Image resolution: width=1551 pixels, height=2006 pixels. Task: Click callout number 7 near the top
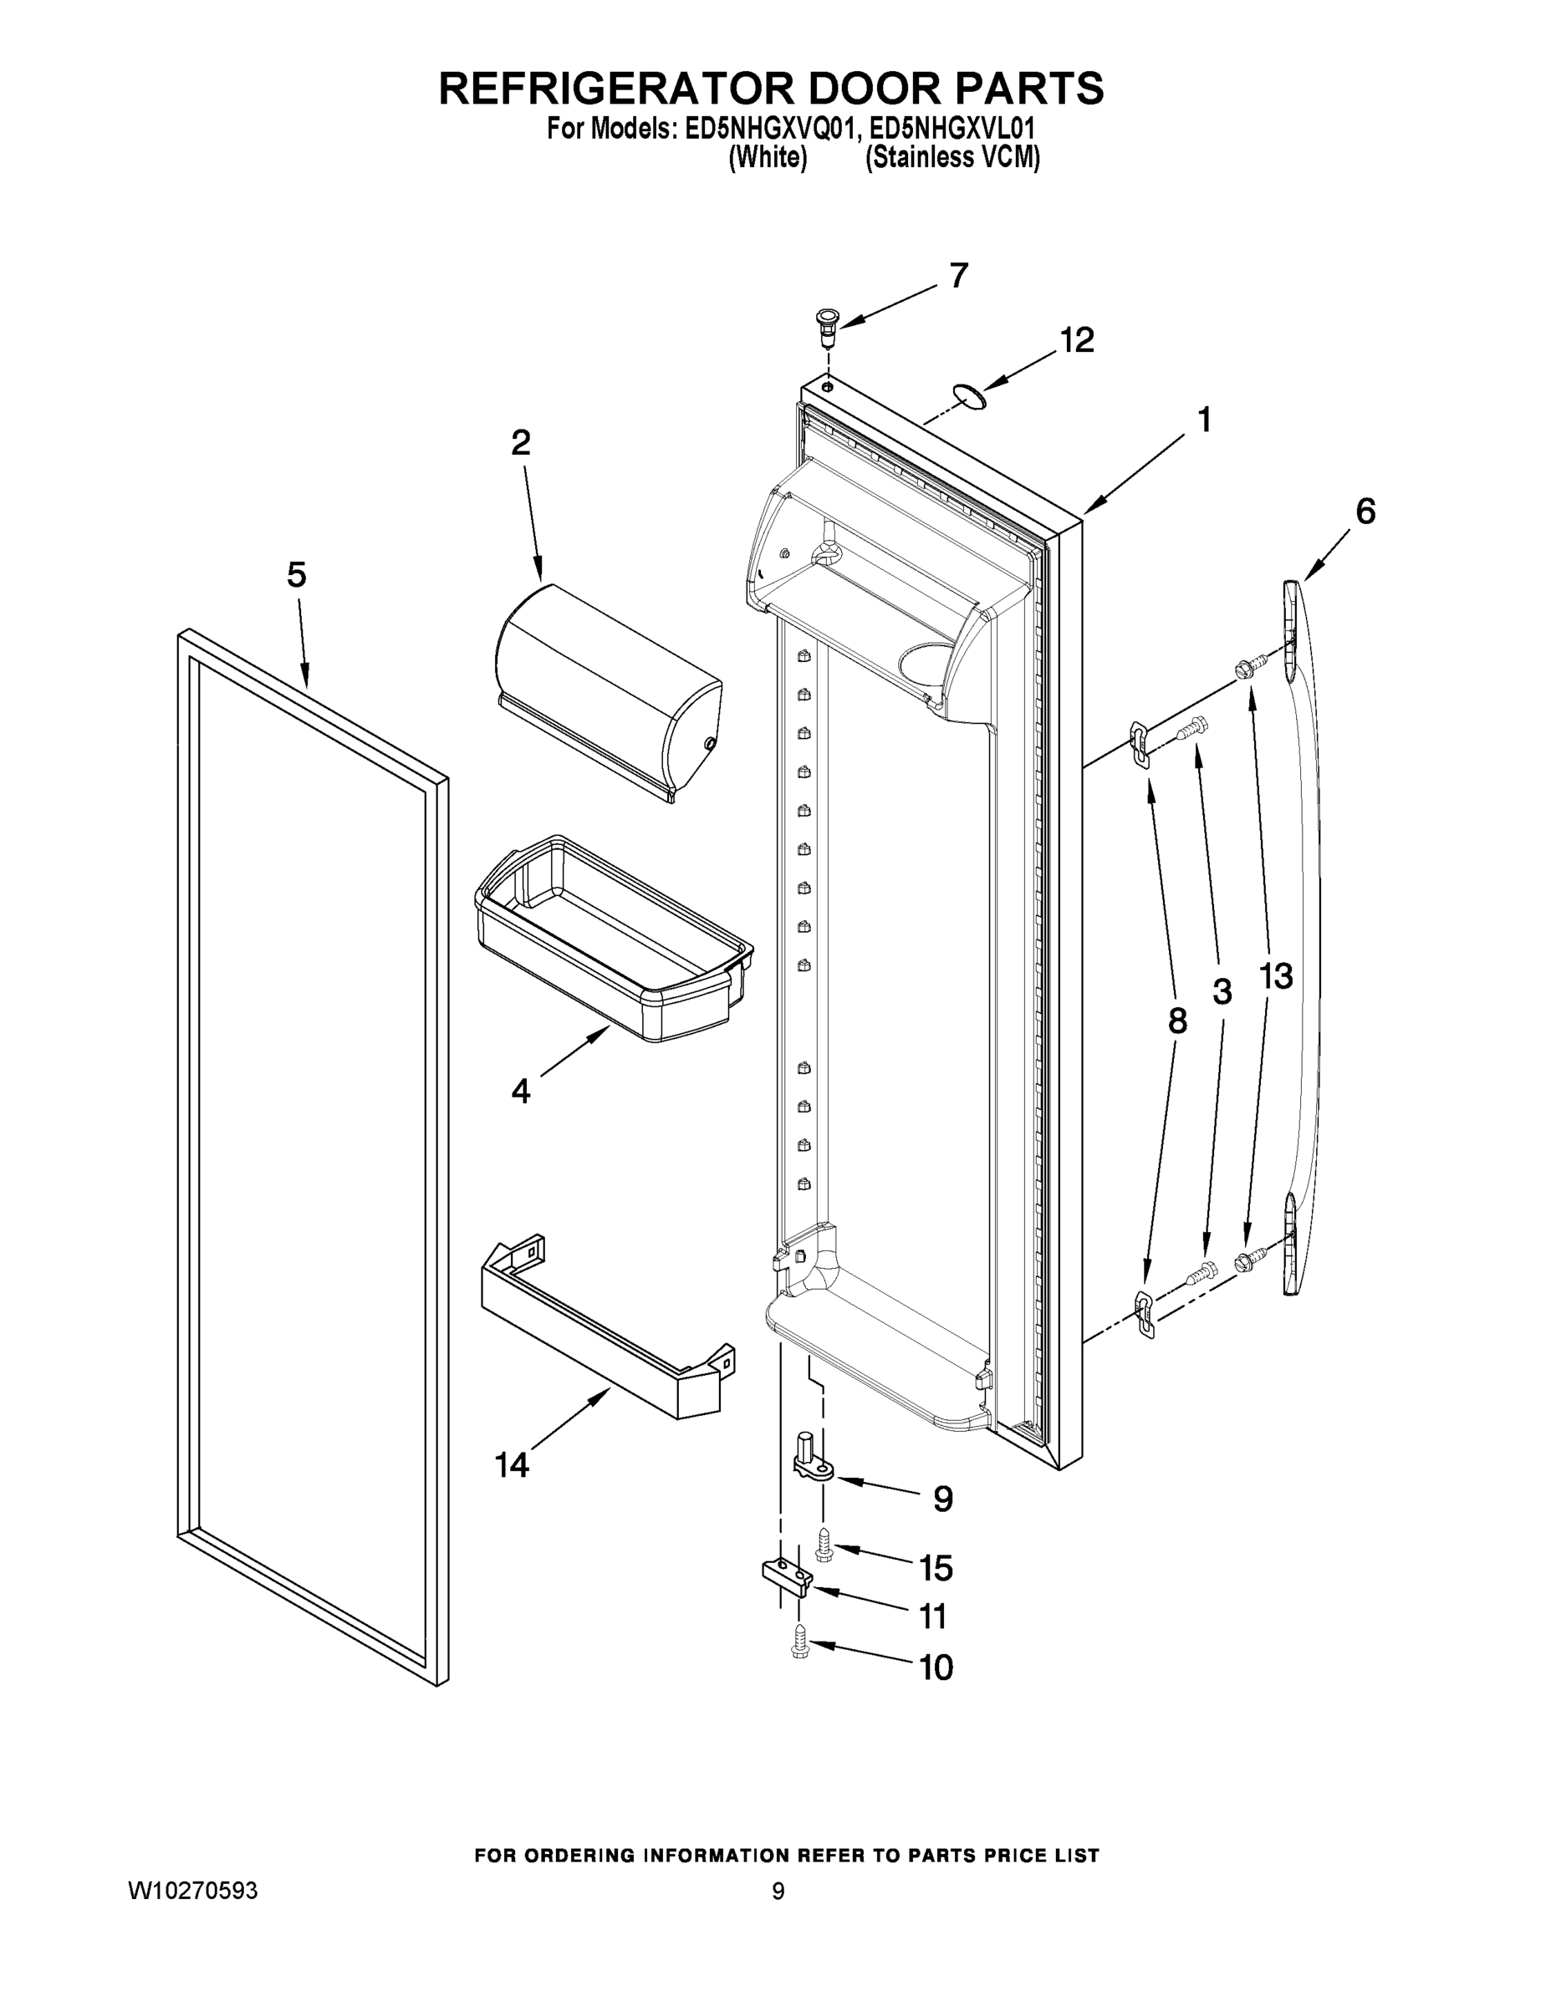[958, 276]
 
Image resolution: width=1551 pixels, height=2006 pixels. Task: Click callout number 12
[1077, 341]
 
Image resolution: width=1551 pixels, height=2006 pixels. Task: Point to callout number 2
[520, 444]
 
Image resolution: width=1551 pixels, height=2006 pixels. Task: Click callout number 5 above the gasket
[296, 576]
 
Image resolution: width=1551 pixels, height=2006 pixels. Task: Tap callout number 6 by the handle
[1365, 512]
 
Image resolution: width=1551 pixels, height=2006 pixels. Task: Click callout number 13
[1275, 976]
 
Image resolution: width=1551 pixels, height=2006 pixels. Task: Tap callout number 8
[1177, 1021]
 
